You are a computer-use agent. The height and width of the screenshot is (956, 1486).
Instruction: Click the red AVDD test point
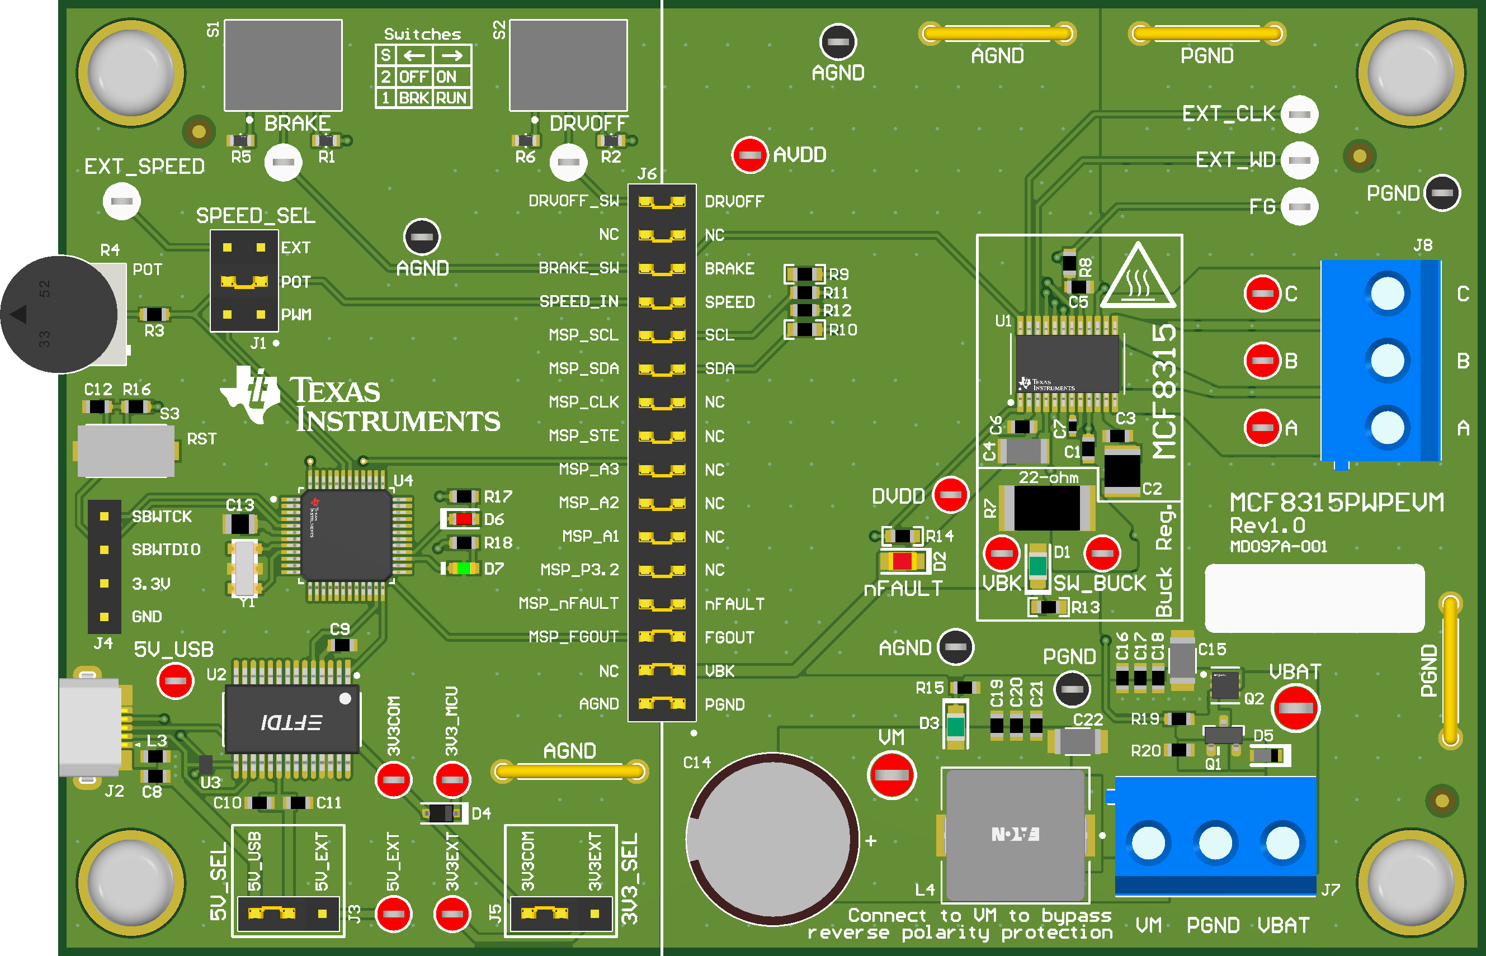tap(749, 154)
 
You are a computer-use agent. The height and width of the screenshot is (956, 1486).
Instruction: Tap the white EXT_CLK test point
tap(1299, 114)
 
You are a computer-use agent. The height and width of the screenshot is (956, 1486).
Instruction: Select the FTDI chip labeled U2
tap(292, 720)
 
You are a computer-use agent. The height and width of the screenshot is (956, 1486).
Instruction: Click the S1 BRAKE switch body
tap(282, 65)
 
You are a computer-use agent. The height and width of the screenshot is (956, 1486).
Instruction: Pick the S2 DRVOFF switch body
tap(568, 65)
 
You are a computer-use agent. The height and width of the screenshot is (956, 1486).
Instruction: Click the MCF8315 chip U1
tap(1067, 363)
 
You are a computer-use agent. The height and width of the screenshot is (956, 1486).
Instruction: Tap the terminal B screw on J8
tap(1386, 361)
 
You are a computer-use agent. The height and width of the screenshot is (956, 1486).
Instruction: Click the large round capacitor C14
tap(772, 839)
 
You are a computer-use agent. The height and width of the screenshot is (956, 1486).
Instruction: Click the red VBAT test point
tap(1295, 708)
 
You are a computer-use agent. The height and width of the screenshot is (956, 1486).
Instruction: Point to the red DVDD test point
tap(950, 495)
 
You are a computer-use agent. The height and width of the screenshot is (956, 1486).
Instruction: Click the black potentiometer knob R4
tap(59, 314)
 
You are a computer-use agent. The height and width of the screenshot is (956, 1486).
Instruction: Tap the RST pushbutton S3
tap(126, 451)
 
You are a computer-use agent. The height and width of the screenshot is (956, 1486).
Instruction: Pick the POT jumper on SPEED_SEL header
tap(244, 282)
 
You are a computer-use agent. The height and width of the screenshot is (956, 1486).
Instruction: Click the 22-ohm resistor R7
tap(1048, 508)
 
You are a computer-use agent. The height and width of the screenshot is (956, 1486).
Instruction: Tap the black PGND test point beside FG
tap(1441, 193)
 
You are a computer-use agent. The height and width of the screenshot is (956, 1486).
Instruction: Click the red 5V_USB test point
tap(176, 681)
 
